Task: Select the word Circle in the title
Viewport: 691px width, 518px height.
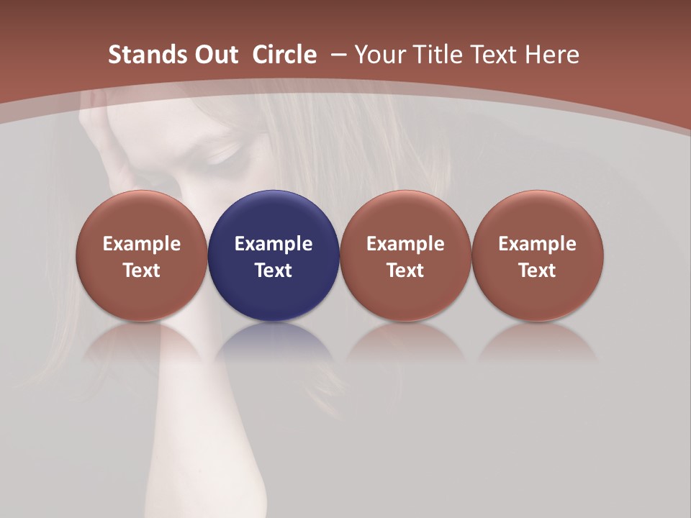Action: (x=284, y=55)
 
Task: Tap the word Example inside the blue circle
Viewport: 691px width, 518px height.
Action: (x=274, y=244)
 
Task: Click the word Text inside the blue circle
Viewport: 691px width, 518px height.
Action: (x=274, y=271)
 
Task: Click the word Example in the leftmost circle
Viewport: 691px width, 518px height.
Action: (x=142, y=244)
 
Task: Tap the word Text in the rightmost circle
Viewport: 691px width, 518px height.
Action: (x=538, y=271)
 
